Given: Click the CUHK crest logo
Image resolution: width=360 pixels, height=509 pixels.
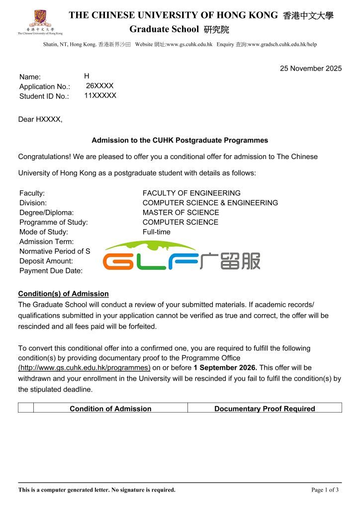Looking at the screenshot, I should pyautogui.click(x=40, y=19).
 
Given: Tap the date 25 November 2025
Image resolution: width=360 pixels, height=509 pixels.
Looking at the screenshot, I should pyautogui.click(x=311, y=69).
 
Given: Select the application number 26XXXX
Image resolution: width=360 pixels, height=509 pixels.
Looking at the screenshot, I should pyautogui.click(x=99, y=86).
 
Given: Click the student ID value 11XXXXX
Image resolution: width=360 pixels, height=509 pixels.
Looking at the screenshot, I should pyautogui.click(x=100, y=95).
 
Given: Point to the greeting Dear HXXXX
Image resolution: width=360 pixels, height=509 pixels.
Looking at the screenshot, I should pyautogui.click(x=40, y=119).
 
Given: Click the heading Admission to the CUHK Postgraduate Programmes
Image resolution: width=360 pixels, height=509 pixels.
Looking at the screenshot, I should pyautogui.click(x=180, y=140).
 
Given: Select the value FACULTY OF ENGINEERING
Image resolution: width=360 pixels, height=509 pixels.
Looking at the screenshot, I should pyautogui.click(x=191, y=193).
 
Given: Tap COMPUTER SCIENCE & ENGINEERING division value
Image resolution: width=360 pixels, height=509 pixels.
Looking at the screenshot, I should pyautogui.click(x=210, y=203).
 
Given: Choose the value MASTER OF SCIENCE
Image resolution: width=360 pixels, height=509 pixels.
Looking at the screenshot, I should pyautogui.click(x=180, y=212).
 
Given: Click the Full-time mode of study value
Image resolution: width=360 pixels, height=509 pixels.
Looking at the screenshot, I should pyautogui.click(x=156, y=232).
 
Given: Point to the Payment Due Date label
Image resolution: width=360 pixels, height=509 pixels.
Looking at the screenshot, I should pyautogui.click(x=51, y=271).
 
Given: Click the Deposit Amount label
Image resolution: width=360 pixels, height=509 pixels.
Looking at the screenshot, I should pyautogui.click(x=46, y=261).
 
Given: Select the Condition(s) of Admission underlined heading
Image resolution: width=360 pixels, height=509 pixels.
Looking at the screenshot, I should pyautogui.click(x=63, y=294).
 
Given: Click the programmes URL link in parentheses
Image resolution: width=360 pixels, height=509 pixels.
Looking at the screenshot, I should pyautogui.click(x=84, y=368).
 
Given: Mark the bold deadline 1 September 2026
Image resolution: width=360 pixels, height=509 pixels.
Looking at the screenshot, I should pyautogui.click(x=225, y=368).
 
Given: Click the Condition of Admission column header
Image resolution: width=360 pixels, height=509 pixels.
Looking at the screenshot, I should pyautogui.click(x=110, y=409).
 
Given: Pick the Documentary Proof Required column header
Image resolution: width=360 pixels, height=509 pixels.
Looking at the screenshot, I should pyautogui.click(x=265, y=409).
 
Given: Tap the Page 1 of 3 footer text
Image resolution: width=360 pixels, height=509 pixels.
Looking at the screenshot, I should pyautogui.click(x=325, y=490).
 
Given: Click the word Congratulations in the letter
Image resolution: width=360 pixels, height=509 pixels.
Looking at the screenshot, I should pyautogui.click(x=44, y=157).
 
